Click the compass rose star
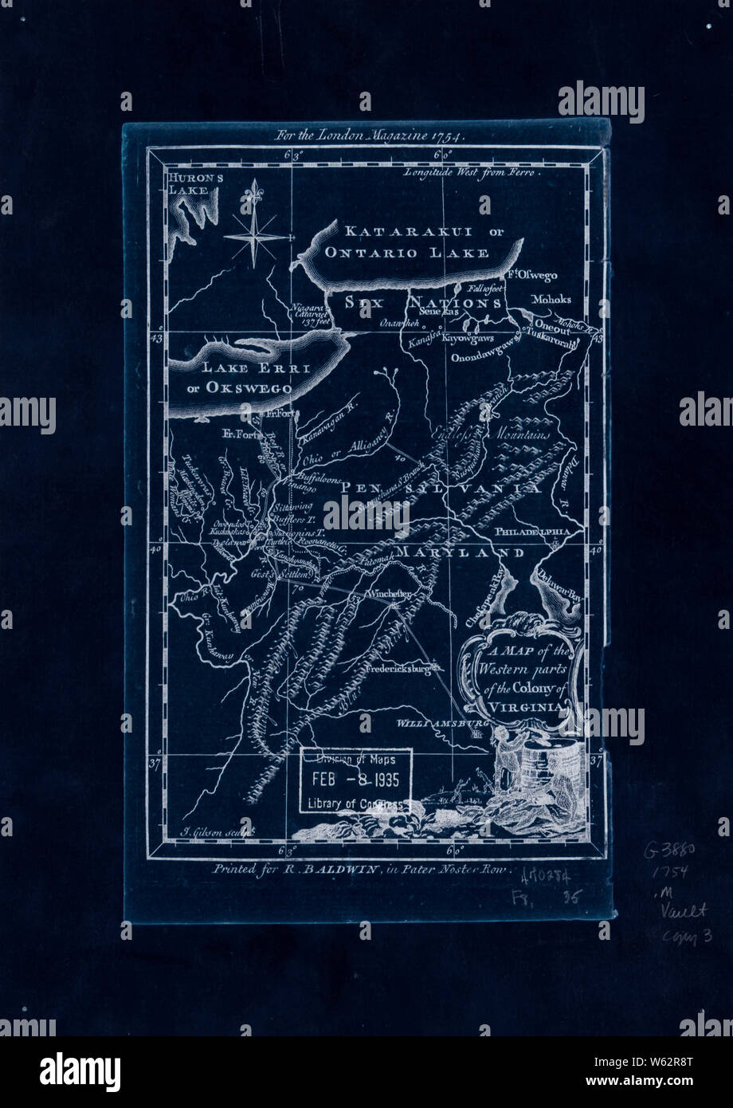pyautogui.click(x=255, y=237)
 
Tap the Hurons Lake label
pyautogui.click(x=193, y=184)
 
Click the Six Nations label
pyautogui.click(x=423, y=304)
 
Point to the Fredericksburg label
pyautogui.click(x=404, y=670)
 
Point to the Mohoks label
pyautogui.click(x=551, y=300)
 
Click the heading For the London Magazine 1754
pyautogui.click(x=369, y=135)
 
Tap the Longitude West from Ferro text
pyautogui.click(x=472, y=171)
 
